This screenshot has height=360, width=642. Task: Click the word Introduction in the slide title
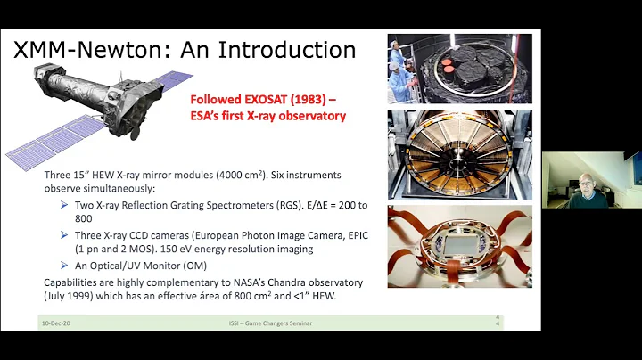click(x=276, y=50)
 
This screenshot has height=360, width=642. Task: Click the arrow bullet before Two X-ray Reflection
click(x=66, y=205)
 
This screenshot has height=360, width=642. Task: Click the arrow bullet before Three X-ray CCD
click(x=66, y=235)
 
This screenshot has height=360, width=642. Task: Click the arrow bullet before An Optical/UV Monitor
click(x=66, y=266)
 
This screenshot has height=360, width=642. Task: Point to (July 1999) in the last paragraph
click(x=70, y=296)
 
